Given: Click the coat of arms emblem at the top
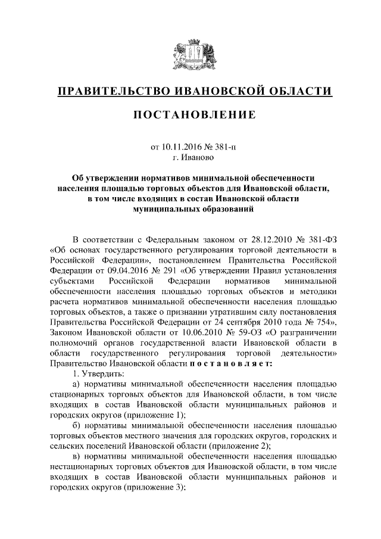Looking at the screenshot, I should coord(190,54).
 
